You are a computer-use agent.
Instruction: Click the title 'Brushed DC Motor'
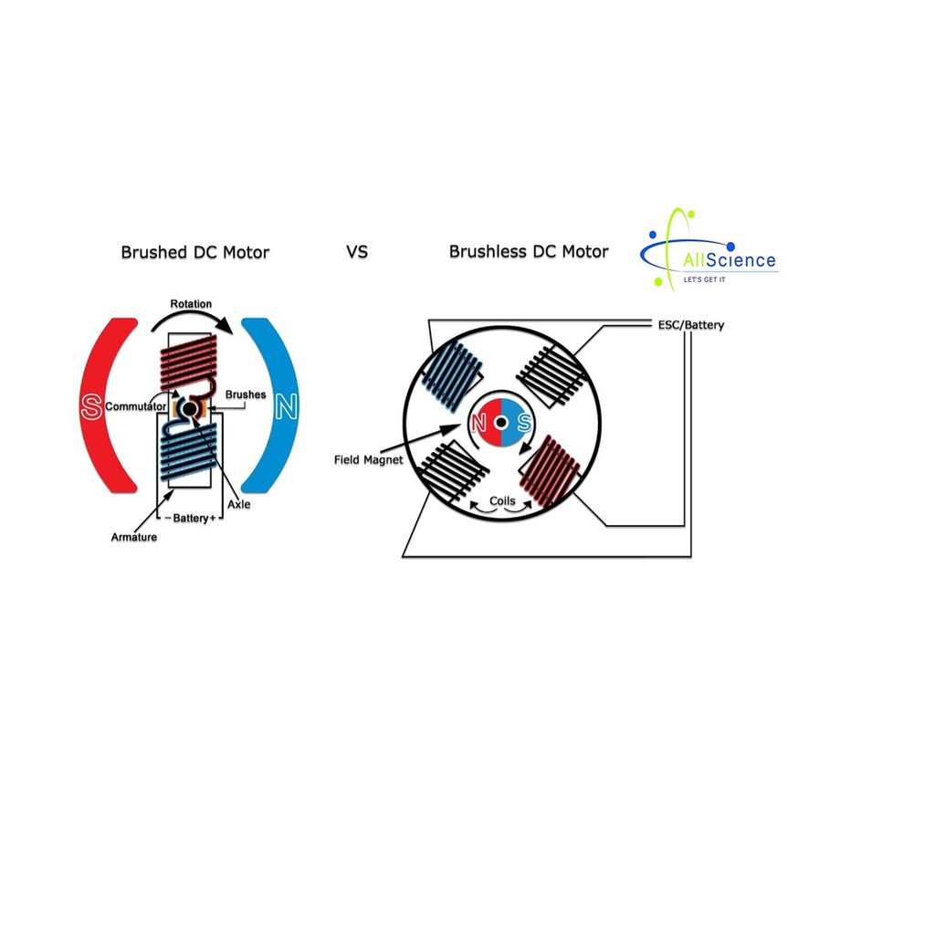tap(194, 252)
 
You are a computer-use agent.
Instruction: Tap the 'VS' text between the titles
tap(357, 251)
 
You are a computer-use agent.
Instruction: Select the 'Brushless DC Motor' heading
tap(528, 251)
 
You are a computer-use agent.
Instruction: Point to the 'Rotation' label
tap(191, 304)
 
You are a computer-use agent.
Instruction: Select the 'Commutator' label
tap(136, 405)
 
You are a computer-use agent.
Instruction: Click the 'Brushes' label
tap(246, 395)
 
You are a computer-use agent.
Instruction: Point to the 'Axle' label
tap(239, 504)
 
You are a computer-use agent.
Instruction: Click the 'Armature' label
tap(134, 537)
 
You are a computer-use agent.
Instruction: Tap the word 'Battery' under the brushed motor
tap(191, 519)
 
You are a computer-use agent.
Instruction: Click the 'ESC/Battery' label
tap(691, 325)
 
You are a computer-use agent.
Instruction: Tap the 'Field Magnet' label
tap(369, 460)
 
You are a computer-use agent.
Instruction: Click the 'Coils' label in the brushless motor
tap(502, 500)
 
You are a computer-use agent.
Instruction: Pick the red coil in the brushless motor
tap(549, 471)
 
